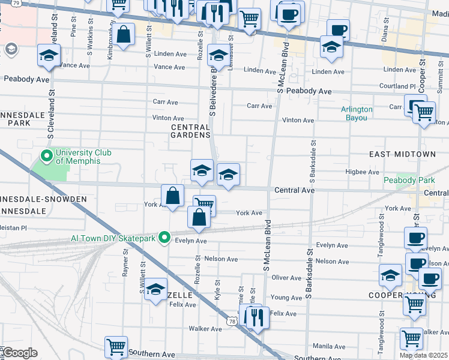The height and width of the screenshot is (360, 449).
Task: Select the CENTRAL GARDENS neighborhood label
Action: pos(190,131)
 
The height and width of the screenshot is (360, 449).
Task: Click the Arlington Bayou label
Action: pos(357,113)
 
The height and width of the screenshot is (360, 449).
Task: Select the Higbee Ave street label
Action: pos(360,172)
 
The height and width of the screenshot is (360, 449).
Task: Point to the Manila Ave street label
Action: pos(328,346)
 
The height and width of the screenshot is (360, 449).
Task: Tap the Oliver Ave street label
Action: pos(286,278)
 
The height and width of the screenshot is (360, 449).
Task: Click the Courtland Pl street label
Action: pos(399,86)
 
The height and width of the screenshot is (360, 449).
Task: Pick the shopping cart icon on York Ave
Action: pos(204,205)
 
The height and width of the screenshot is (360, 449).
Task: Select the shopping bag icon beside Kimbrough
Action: pos(124,35)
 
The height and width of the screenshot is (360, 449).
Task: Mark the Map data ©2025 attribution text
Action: pos(424,355)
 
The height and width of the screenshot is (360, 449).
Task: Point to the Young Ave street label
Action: pos(286,298)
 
